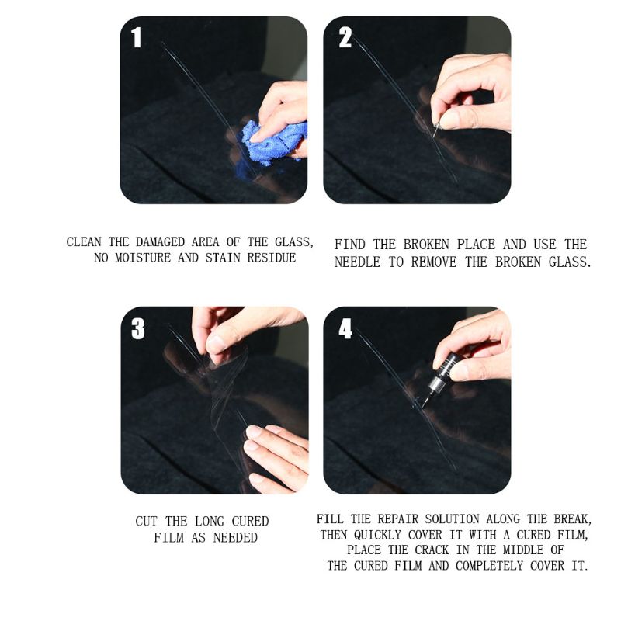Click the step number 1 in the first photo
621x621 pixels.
[x=137, y=36]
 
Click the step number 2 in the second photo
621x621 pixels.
[x=345, y=37]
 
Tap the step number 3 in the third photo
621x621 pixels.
[x=138, y=329]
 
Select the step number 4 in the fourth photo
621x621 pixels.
[x=345, y=329]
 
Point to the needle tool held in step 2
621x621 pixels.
[x=437, y=124]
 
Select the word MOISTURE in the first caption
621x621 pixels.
[x=143, y=258]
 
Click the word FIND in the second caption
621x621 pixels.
[x=349, y=245]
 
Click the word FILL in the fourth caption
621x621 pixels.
[x=331, y=519]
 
